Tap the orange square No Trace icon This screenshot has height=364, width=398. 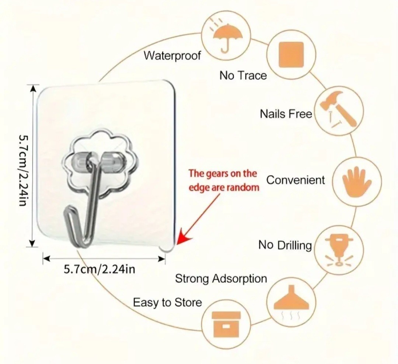(x=291, y=54)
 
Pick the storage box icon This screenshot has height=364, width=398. (x=226, y=324)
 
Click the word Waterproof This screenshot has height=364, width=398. (x=172, y=56)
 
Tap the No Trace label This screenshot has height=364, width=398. (x=243, y=76)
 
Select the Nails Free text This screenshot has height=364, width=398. (x=286, y=114)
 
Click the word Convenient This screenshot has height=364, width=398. (x=296, y=180)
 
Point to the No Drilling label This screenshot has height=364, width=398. (x=285, y=245)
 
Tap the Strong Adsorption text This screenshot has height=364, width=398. (x=221, y=278)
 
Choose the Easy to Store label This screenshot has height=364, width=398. (x=167, y=303)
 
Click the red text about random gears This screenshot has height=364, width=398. (x=224, y=180)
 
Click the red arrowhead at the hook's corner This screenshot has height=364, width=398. (x=182, y=240)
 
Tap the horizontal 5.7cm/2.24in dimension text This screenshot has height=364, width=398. (x=99, y=269)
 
